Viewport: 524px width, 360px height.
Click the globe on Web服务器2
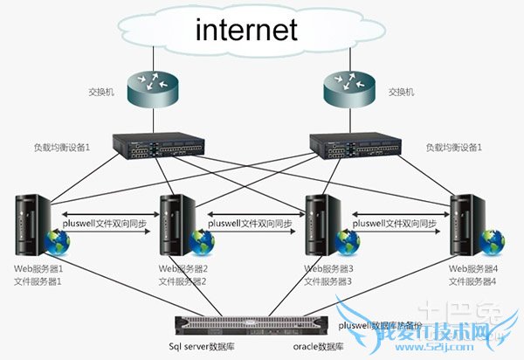pyautogui.click(x=204, y=239)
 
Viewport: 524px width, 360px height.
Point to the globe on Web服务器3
pyautogui.click(x=347, y=239)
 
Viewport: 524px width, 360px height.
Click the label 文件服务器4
pyautogui.click(x=472, y=281)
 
